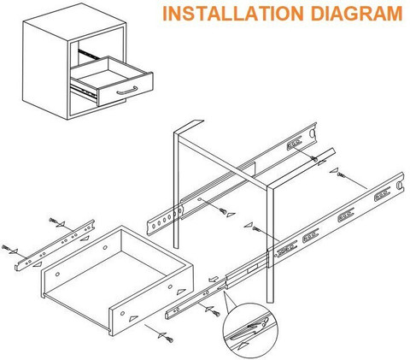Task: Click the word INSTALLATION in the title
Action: [x=233, y=13]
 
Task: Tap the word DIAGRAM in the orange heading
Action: [x=356, y=13]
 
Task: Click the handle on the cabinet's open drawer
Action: [x=127, y=91]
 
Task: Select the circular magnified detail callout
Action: [x=250, y=330]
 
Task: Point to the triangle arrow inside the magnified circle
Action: [x=243, y=345]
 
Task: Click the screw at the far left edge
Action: [x=5, y=247]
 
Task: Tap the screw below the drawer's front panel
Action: [x=170, y=339]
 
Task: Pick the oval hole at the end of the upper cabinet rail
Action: [x=312, y=133]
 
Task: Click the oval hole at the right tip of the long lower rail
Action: [x=400, y=185]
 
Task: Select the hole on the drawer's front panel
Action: [x=122, y=313]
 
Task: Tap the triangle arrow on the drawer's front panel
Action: [x=133, y=318]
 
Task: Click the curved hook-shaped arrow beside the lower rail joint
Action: [x=214, y=279]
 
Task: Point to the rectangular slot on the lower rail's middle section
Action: [x=252, y=268]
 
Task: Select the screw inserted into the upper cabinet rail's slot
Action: [x=314, y=159]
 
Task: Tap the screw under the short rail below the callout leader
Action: [x=216, y=314]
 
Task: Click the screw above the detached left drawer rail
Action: [x=53, y=221]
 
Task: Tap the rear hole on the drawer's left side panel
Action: [x=105, y=247]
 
